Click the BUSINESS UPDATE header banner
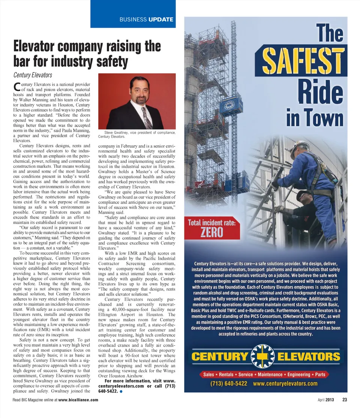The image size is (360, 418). pos(146,19)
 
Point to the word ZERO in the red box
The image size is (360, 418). pos(212,232)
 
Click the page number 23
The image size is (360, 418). pos(345,400)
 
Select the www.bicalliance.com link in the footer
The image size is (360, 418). pos(78,400)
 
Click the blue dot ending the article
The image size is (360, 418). pos(121,391)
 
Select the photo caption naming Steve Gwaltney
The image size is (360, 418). pos(136,134)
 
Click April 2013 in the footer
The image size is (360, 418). pos(325,400)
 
